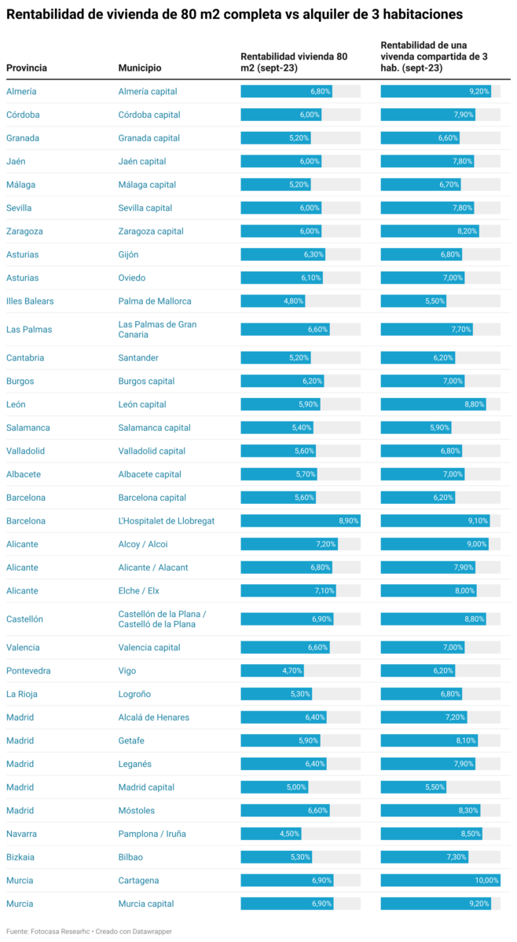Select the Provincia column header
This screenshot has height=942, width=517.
point(27,68)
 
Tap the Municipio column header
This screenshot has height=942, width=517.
point(140,68)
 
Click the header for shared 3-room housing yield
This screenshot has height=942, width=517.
point(434,57)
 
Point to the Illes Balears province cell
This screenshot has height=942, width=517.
point(30,301)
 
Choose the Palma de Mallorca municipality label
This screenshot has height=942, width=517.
point(155,301)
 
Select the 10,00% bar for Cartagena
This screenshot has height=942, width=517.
point(440,881)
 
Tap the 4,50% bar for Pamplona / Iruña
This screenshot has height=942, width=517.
point(270,834)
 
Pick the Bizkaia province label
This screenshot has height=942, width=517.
point(20,857)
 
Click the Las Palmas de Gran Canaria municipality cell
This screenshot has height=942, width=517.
point(157,330)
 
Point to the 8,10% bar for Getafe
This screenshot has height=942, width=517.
point(428,740)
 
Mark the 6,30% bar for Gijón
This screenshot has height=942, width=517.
point(283,254)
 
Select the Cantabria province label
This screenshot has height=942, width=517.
point(25,358)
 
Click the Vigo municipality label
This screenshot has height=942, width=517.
point(127,671)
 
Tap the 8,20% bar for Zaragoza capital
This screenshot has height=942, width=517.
point(429,232)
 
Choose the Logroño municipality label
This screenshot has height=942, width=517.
point(134,694)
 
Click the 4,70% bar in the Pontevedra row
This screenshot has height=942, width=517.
point(271,671)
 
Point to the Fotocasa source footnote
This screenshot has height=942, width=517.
point(89,931)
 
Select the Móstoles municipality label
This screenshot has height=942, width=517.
point(137,811)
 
